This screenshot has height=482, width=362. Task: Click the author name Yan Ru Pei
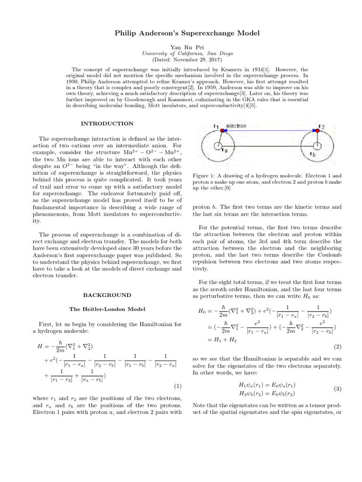181,48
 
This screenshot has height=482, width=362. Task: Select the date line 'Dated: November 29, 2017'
181,60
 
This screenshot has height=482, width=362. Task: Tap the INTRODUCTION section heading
107,123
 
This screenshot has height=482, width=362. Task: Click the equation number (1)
178,386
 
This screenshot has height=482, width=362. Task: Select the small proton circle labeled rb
318,146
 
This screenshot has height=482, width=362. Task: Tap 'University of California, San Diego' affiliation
181,54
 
